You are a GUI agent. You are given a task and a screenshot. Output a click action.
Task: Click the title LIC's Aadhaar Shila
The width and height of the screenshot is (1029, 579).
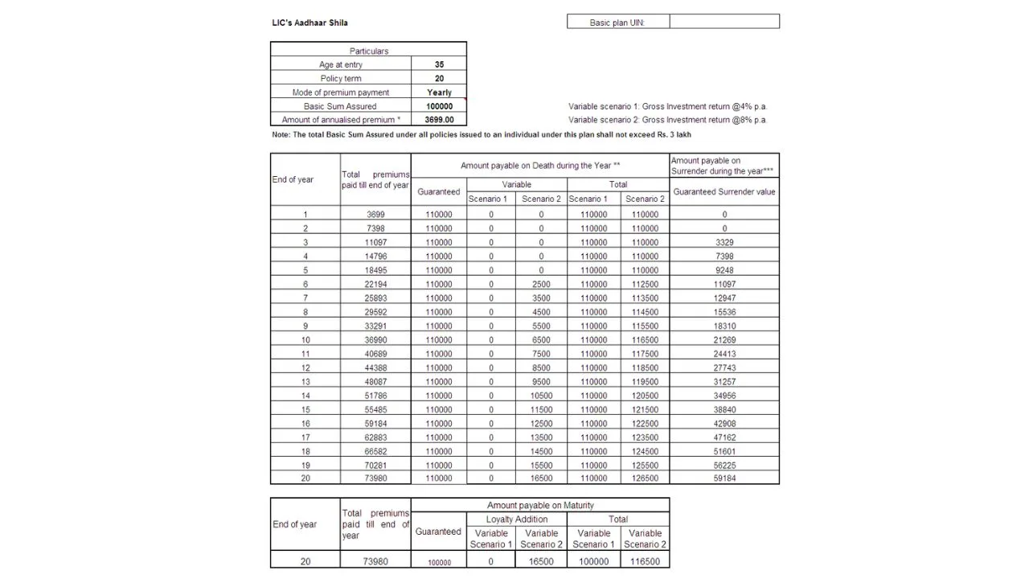(x=310, y=23)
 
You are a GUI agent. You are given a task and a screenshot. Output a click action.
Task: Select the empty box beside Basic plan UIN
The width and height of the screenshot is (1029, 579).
(x=724, y=22)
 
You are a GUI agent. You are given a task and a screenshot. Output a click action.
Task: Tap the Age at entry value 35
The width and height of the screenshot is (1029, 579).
(x=439, y=64)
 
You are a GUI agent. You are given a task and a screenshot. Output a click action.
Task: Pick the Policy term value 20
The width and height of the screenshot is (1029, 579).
(x=439, y=78)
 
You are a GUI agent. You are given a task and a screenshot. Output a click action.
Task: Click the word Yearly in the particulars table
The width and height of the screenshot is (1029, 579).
(x=439, y=92)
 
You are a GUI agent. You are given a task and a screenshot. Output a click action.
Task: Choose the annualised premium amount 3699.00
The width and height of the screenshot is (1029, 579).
(x=439, y=120)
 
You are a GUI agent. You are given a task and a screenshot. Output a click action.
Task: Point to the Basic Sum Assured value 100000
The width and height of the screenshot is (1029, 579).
(x=439, y=106)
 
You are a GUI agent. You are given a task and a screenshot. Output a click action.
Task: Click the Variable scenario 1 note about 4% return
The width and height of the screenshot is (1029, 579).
(x=667, y=106)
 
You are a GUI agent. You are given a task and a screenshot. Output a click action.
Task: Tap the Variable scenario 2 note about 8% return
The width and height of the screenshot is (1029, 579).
(x=667, y=120)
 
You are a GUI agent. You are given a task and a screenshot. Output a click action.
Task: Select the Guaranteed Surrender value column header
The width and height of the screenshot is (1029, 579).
(x=724, y=192)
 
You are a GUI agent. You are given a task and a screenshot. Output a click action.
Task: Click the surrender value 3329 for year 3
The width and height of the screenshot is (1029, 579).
(x=724, y=242)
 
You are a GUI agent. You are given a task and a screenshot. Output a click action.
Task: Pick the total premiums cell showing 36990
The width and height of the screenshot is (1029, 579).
(x=375, y=340)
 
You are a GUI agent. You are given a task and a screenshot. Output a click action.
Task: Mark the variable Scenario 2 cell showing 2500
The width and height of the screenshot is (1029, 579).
(x=541, y=284)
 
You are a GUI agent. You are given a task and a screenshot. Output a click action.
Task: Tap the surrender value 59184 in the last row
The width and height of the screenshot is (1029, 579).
(x=724, y=478)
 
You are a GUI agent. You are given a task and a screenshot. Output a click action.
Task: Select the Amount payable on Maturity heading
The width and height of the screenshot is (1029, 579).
(x=540, y=505)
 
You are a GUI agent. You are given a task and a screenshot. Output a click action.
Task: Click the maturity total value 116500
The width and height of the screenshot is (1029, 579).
(x=645, y=562)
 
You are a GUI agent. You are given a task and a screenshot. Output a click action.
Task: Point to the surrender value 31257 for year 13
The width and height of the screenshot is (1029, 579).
(x=724, y=382)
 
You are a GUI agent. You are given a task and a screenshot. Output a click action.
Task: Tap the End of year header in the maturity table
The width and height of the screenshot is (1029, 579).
(x=295, y=524)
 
